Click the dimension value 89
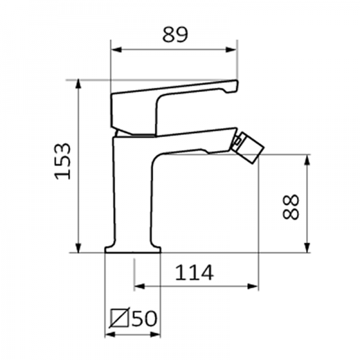pos(175,34)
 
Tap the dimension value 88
pos(291,206)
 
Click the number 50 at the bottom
pos(144,318)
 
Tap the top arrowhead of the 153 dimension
pos(79,84)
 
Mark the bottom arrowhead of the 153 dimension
pos(79,248)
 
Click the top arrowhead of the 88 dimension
pos(307,159)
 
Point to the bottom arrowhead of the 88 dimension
pos(307,248)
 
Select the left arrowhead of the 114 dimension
pos(138,287)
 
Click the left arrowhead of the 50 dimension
pos(109,334)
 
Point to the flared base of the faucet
pos(133,248)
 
